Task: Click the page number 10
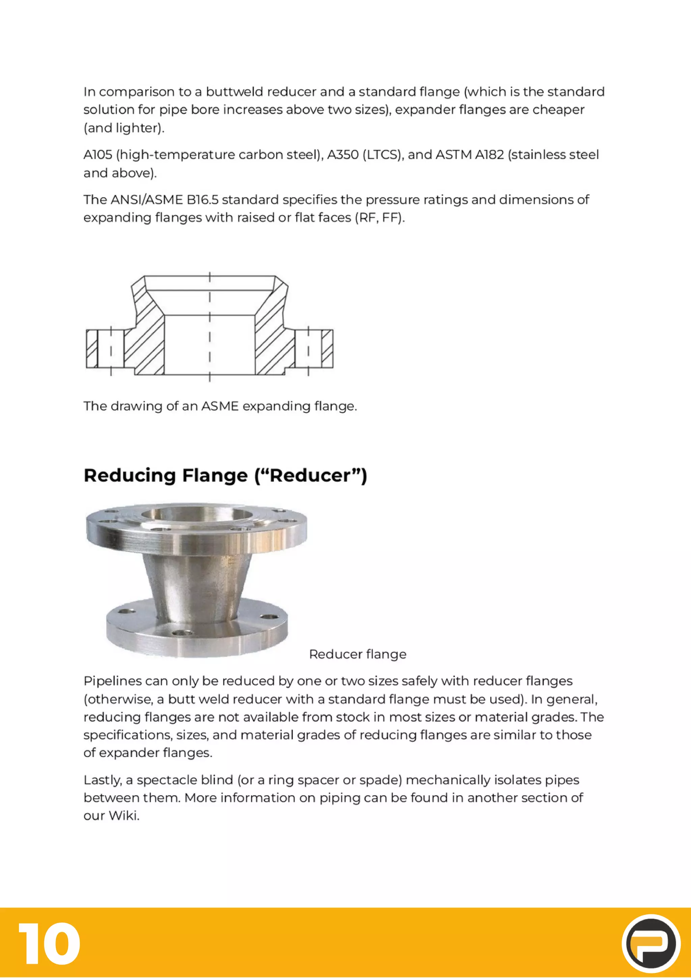49,944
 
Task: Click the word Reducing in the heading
129,475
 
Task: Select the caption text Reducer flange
357,654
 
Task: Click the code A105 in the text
98,155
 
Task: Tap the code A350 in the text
342,155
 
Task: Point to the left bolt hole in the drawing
111,349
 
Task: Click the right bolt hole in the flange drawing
308,349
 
